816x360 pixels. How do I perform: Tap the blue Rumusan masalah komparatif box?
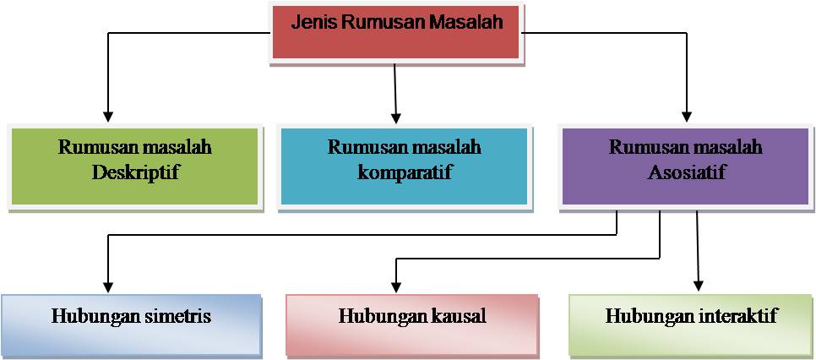(x=404, y=166)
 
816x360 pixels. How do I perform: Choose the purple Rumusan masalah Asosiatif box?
(x=685, y=166)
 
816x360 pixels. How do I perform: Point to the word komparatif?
(x=405, y=174)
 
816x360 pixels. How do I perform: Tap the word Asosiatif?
(x=685, y=174)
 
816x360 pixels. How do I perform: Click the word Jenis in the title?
(x=313, y=23)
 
